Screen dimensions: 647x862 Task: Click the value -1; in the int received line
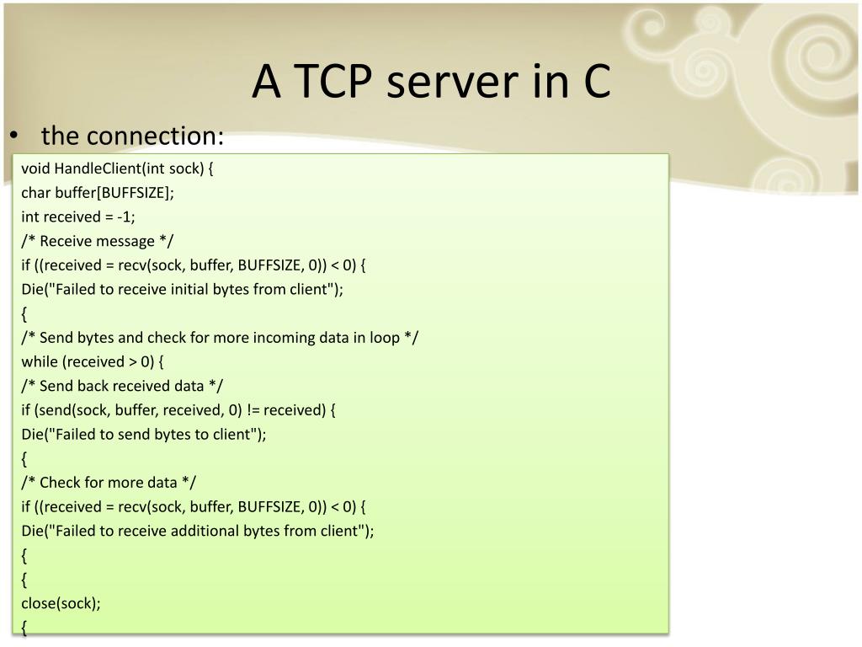(126, 217)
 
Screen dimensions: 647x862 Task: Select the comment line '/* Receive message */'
(98, 241)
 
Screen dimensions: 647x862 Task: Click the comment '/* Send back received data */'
(123, 386)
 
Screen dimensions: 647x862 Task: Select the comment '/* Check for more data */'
(109, 483)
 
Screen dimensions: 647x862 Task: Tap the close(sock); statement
(61, 604)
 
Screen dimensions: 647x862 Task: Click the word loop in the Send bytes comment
(387, 338)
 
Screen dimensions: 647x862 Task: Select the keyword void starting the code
(36, 168)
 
